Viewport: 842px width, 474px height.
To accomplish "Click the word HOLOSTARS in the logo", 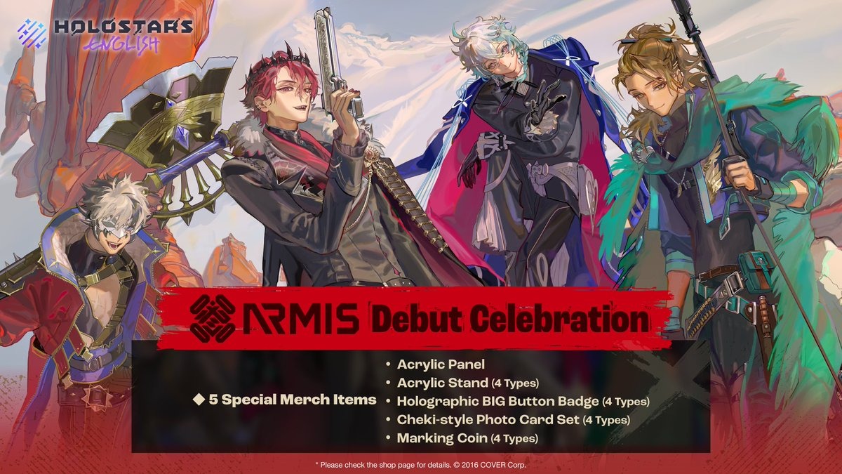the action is (x=123, y=27).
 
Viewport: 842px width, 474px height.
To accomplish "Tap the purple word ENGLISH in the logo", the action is (x=121, y=45).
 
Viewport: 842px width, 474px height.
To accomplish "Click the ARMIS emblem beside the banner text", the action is (x=213, y=318).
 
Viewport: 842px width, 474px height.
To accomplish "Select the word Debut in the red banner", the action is (x=417, y=320).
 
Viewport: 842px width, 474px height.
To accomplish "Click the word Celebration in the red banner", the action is (x=559, y=320).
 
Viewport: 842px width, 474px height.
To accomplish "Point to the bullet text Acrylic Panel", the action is (x=441, y=364).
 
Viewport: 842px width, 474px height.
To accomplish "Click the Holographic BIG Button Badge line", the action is (x=523, y=401).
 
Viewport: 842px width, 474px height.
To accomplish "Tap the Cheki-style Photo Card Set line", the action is (x=513, y=419).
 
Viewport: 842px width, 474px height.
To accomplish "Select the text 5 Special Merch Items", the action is (x=293, y=399).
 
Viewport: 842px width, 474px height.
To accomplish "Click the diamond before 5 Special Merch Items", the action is (x=198, y=399).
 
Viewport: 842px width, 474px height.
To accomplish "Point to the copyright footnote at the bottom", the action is (x=420, y=465).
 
